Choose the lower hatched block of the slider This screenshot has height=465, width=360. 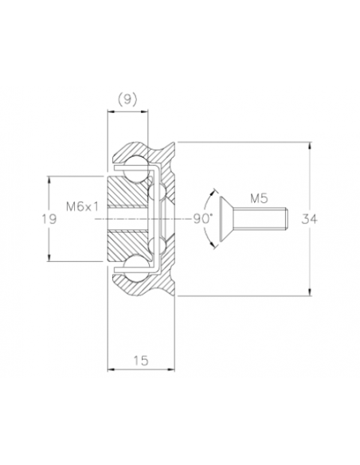pos(126,241)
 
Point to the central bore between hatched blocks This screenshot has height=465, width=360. pos(126,217)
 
